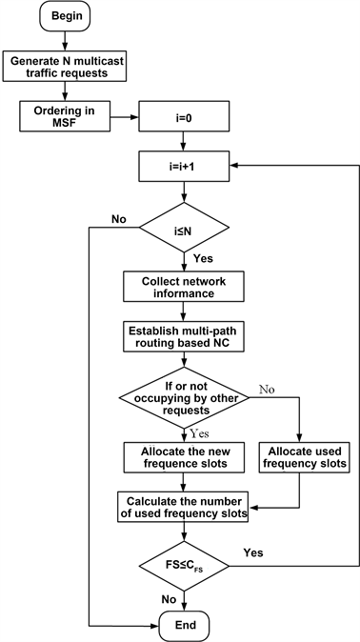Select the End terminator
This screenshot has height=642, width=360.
coord(185,625)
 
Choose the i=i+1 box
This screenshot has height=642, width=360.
coord(185,168)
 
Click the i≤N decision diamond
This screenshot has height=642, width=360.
coord(185,229)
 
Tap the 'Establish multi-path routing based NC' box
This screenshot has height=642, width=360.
coord(185,336)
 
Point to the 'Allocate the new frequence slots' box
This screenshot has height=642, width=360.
coord(185,456)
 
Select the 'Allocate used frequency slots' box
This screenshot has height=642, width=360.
coord(299,456)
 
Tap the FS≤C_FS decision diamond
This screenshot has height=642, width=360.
coord(185,570)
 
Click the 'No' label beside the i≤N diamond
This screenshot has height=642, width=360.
coord(119,219)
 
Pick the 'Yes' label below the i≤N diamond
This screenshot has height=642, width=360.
coord(203,258)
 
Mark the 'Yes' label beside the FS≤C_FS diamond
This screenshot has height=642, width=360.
coord(253,552)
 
